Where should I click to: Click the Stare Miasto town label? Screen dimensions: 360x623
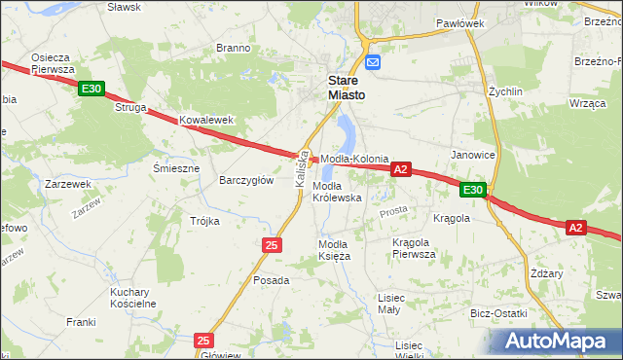(346, 88)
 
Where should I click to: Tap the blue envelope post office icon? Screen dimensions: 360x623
(373, 59)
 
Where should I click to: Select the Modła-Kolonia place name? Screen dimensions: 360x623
(354, 159)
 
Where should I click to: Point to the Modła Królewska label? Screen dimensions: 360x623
(337, 191)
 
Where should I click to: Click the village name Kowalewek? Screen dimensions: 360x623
(207, 120)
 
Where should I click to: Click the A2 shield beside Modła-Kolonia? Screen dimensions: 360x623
(400, 169)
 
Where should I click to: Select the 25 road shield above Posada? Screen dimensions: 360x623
(271, 244)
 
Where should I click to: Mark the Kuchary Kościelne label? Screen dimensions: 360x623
(133, 298)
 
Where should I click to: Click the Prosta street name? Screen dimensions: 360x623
(393, 211)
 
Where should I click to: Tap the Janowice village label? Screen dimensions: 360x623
(473, 155)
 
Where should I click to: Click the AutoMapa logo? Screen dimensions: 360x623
(557, 340)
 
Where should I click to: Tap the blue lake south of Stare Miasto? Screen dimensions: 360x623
(345, 133)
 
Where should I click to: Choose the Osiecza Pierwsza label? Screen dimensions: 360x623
(53, 63)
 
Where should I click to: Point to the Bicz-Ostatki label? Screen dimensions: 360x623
(497, 313)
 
